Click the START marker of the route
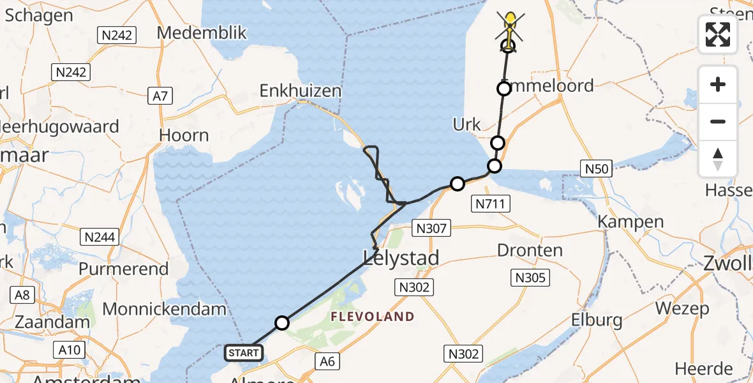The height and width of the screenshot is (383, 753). point(243,352)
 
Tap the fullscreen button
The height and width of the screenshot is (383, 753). point(718,34)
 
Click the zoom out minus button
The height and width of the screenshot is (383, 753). point(718,121)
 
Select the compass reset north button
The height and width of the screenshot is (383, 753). point(718,159)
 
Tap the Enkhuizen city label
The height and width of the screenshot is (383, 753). point(301,91)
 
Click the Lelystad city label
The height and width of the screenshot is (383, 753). point(401,258)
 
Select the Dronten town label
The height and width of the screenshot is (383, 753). point(530,250)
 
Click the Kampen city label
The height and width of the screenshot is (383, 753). point(631,222)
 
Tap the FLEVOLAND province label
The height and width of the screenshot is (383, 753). point(372,317)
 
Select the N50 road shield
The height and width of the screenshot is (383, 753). point(597,169)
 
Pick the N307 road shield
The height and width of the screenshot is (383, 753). point(433,228)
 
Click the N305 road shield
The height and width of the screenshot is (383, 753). point(530,276)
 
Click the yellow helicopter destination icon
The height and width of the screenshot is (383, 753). point(510,27)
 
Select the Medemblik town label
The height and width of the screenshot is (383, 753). point(202,33)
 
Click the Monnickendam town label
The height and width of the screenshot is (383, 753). point(165,310)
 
